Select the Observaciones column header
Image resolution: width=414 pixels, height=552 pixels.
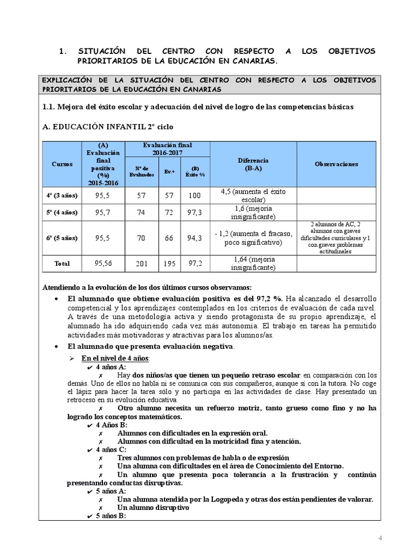point(336,164)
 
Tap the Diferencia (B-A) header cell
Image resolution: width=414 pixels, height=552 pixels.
point(253,164)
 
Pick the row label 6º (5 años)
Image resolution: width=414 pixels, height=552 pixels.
point(61,238)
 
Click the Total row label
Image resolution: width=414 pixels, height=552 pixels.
point(61,264)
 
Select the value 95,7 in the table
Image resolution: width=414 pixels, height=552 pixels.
point(103,213)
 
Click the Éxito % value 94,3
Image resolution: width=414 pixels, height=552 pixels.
point(195,238)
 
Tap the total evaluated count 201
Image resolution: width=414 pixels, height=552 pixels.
point(142,264)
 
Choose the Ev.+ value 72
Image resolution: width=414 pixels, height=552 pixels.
point(169,213)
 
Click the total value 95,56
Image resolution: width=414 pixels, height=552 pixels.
point(103,264)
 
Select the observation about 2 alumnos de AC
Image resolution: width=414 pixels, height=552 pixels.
point(336,237)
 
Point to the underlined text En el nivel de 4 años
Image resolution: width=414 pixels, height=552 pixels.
point(116,358)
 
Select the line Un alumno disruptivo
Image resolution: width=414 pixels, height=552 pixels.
point(153,508)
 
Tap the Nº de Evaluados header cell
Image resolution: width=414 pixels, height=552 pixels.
point(142,171)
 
